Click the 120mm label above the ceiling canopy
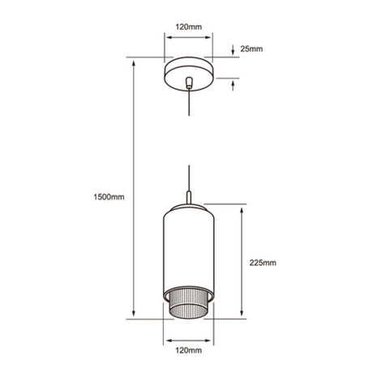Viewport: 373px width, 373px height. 188,27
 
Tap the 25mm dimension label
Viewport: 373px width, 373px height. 251,49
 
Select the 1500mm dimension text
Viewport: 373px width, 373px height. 109,197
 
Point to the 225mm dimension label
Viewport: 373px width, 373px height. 263,263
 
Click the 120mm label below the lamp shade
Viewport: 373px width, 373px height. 188,350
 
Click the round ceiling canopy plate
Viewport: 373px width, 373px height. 189,74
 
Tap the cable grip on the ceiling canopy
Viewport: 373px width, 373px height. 189,83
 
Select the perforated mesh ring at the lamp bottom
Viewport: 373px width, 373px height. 189,304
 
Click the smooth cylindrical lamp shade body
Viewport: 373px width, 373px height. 189,250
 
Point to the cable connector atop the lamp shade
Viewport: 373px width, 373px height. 189,197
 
